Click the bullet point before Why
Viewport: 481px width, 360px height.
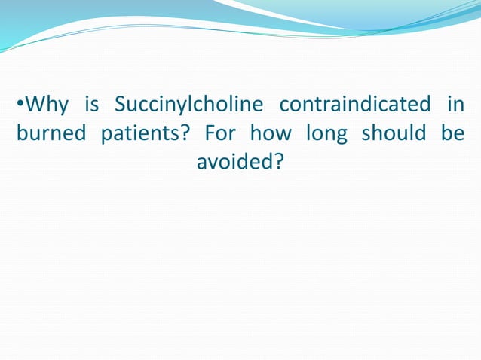coord(20,104)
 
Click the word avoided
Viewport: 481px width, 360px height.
coord(234,161)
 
